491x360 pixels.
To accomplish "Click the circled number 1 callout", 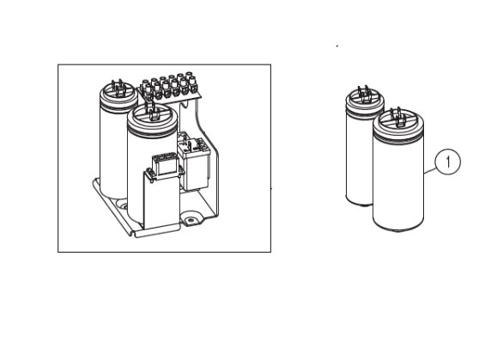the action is click(x=448, y=162).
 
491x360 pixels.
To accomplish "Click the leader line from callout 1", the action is click(x=429, y=170).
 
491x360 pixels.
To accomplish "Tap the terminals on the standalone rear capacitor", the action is click(x=364, y=93).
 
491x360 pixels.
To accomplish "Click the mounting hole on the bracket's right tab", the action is click(x=190, y=221).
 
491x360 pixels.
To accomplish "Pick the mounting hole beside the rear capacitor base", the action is click(x=123, y=205).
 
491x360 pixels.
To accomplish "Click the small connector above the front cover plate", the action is click(x=165, y=165).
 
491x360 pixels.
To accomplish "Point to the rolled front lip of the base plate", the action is click(x=156, y=234).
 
